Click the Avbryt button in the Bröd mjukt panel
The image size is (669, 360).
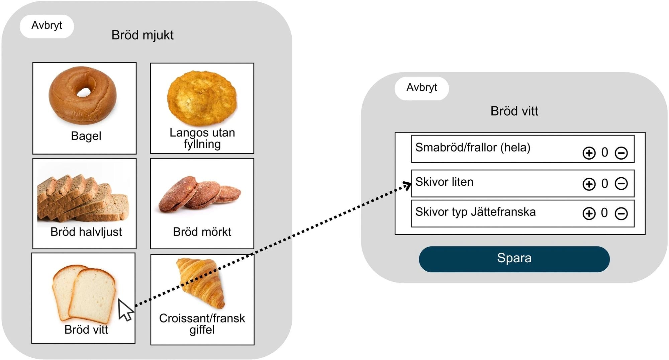pyautogui.click(x=47, y=26)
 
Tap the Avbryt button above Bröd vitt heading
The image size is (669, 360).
pyautogui.click(x=421, y=88)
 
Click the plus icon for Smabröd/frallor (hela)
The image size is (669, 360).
pyautogui.click(x=589, y=153)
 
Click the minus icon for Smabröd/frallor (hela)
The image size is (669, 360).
pyautogui.click(x=621, y=153)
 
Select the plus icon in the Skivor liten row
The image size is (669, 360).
pyautogui.click(x=589, y=184)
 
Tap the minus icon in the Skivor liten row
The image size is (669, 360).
pyautogui.click(x=621, y=184)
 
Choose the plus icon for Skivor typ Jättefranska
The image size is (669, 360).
pyautogui.click(x=589, y=213)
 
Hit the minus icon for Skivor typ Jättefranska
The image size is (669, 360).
pyautogui.click(x=621, y=213)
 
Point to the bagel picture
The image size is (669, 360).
pyautogui.click(x=83, y=95)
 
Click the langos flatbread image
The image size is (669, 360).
pyautogui.click(x=202, y=98)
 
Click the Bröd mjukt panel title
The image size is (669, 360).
pyautogui.click(x=142, y=35)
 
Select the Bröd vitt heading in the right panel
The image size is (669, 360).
pyautogui.click(x=514, y=111)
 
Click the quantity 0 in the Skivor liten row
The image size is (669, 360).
pyautogui.click(x=604, y=184)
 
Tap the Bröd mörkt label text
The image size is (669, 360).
pyautogui.click(x=202, y=232)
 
